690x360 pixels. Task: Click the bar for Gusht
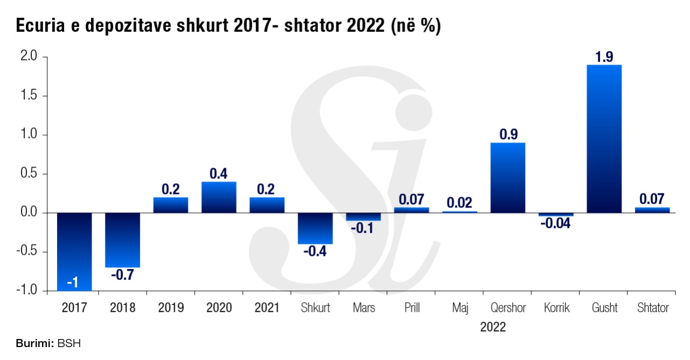tap(604, 139)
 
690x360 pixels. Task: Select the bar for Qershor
tap(508, 178)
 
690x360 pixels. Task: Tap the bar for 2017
tap(74, 252)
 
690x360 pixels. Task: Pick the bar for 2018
tap(122, 240)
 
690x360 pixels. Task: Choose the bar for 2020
tap(219, 197)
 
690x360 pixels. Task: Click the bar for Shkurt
tap(315, 229)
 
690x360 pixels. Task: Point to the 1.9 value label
tap(604, 57)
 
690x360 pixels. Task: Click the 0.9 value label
tap(508, 134)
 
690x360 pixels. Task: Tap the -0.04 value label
tap(556, 223)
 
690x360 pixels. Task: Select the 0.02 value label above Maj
tap(460, 203)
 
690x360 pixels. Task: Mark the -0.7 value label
tap(122, 274)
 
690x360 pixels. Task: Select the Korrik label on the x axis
tap(556, 308)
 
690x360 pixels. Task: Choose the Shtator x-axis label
tap(652, 308)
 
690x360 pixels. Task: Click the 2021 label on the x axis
tap(267, 308)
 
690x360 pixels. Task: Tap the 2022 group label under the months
tap(493, 327)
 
